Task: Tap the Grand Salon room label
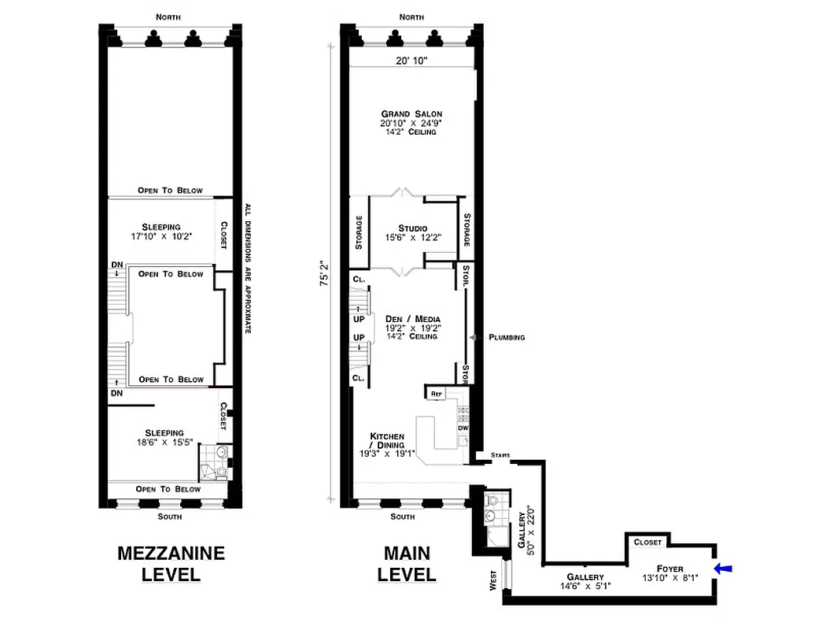click(411, 122)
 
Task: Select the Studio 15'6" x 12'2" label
click(413, 233)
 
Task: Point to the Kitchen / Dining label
click(387, 445)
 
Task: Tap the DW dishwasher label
click(463, 428)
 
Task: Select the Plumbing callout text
click(506, 337)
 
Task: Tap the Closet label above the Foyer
click(647, 542)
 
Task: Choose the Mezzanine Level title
click(171, 563)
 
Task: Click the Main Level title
click(407, 563)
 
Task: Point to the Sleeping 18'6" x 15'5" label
click(164, 438)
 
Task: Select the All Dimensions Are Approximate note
click(247, 267)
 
